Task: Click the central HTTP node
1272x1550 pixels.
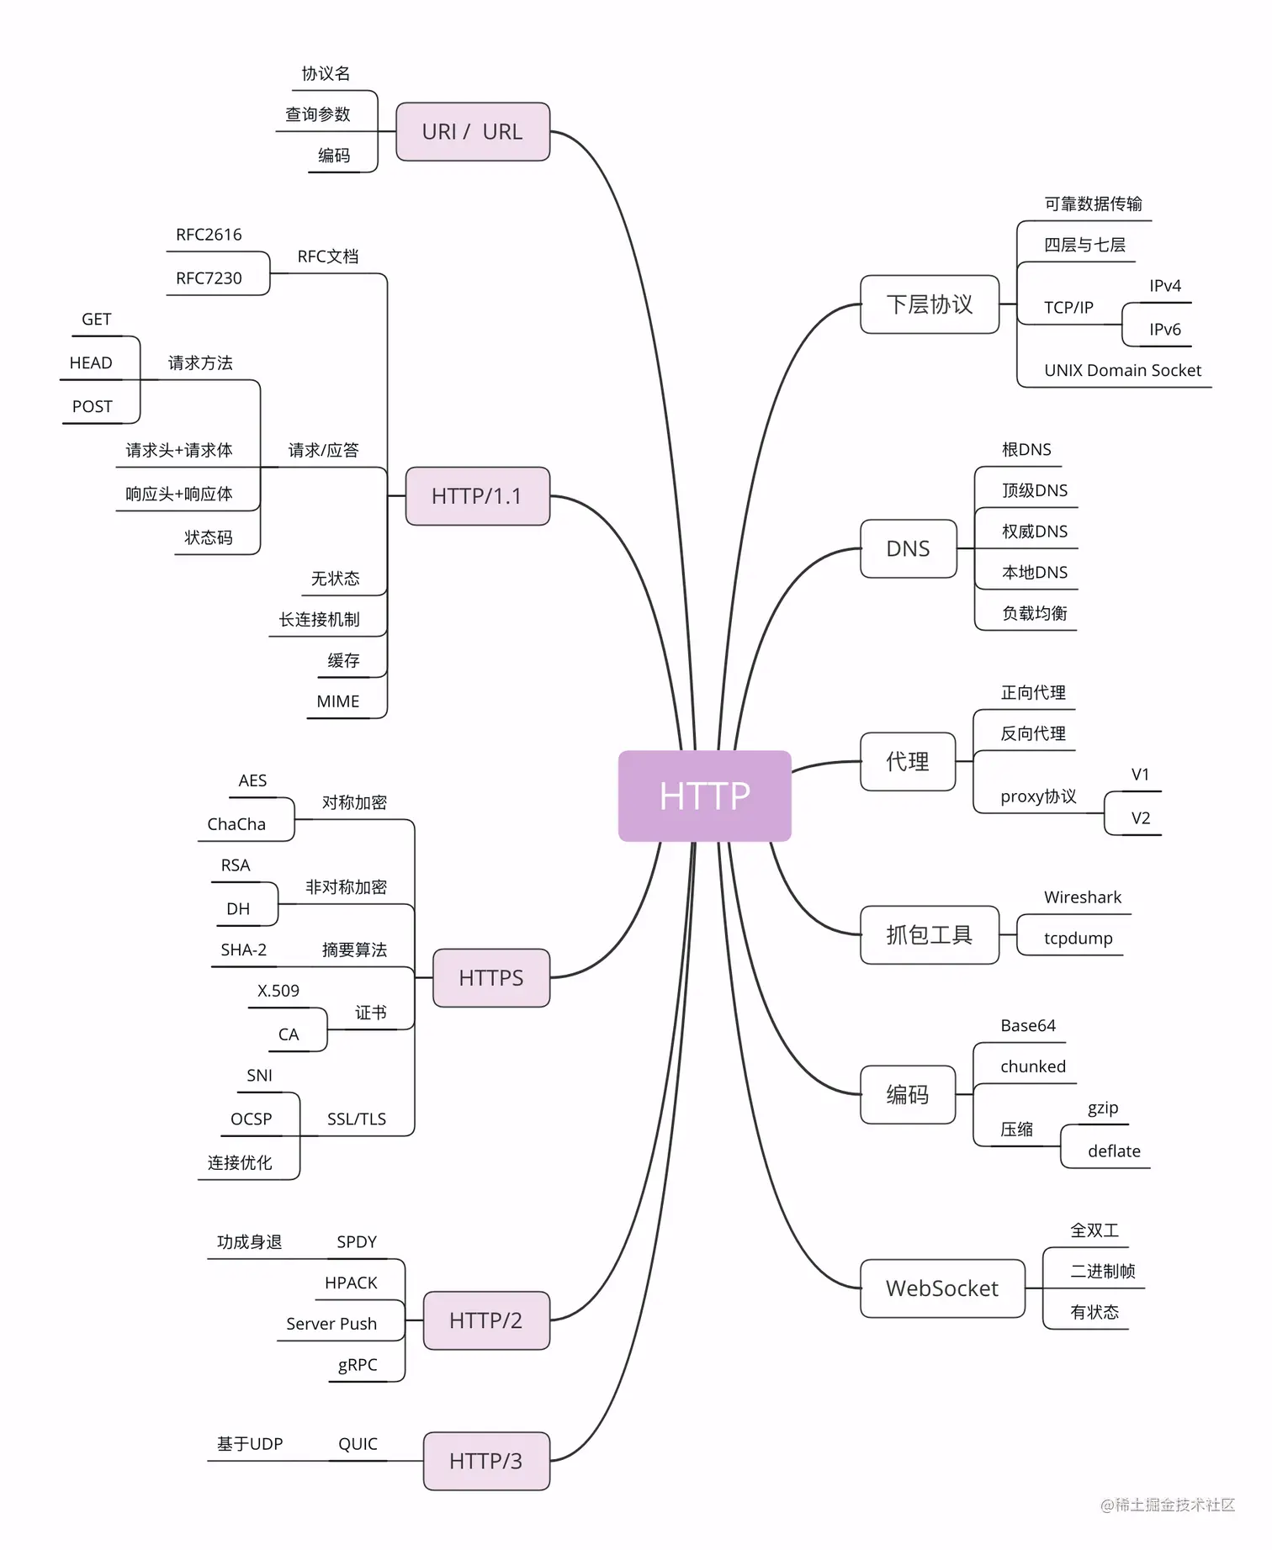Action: (x=704, y=796)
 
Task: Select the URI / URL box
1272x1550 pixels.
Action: (x=472, y=132)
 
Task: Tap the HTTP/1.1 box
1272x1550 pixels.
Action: (x=477, y=496)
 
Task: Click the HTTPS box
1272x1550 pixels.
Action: (x=490, y=978)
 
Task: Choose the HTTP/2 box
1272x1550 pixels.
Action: (x=485, y=1320)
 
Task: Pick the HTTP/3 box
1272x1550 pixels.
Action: (x=485, y=1461)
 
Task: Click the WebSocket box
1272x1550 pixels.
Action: (x=941, y=1288)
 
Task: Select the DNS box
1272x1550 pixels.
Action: (x=908, y=549)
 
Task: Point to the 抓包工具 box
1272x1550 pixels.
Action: (x=929, y=934)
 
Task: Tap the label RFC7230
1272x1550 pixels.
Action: (x=209, y=278)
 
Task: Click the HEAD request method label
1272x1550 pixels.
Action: (x=91, y=363)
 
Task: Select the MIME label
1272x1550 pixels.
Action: (x=338, y=701)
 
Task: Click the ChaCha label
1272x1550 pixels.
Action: (x=236, y=824)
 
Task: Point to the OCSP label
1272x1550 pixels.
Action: (x=252, y=1119)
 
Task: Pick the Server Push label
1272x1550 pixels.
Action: (x=331, y=1324)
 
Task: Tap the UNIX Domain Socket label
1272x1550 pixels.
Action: (x=1122, y=370)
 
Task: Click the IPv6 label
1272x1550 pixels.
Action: (x=1165, y=330)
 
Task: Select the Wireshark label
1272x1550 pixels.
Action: (x=1083, y=897)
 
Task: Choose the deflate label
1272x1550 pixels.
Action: (x=1114, y=1151)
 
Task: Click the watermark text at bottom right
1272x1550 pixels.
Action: (x=1168, y=1505)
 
